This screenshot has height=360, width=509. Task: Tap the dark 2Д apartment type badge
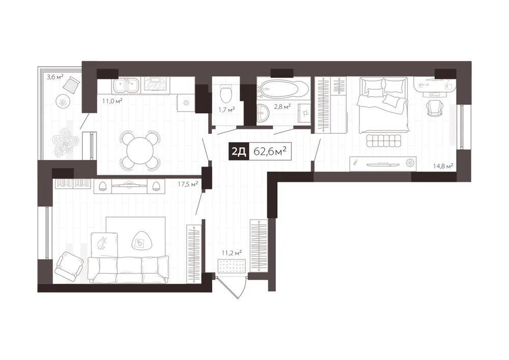coord(239,151)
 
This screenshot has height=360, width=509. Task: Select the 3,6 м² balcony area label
coord(55,77)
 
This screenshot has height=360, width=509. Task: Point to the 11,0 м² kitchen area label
coord(112,101)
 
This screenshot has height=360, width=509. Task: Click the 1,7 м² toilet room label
coord(227,110)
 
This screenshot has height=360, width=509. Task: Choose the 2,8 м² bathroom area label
coord(282,106)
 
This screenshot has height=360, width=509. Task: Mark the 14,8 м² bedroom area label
coord(443,166)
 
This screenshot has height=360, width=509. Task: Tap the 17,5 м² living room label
coord(188,184)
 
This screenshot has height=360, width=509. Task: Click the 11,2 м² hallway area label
coord(232,253)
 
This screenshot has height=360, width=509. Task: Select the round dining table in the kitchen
coord(140,151)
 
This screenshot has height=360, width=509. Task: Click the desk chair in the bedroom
coord(435,107)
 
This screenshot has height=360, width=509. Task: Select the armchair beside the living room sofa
coord(69,265)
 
